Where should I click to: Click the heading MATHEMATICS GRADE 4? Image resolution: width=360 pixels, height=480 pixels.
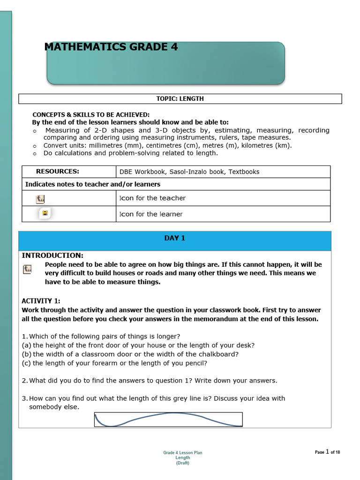pos(111,47)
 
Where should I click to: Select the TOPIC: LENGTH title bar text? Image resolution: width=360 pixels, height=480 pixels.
pos(180,99)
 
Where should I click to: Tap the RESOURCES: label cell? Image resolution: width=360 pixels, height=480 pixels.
pos(58,172)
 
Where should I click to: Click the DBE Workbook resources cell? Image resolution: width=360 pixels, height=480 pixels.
pos(189,172)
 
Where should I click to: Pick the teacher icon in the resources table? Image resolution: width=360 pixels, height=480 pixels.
pos(40,199)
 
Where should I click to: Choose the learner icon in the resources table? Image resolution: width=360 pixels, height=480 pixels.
pos(45,213)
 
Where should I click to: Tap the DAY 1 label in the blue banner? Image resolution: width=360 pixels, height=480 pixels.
pos(174,238)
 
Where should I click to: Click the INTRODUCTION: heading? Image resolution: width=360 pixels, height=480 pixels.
pos(52,255)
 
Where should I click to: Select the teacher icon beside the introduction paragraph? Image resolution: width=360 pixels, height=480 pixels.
pos(28,269)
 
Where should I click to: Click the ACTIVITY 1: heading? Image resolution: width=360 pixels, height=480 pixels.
pos(41,301)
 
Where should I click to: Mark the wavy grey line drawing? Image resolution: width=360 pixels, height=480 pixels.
pos(168,419)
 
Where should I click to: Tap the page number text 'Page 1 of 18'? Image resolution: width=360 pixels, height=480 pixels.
pos(327,452)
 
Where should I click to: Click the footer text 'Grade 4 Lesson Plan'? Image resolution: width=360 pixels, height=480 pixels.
pos(182,453)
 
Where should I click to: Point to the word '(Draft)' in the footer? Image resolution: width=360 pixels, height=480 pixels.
pos(182,463)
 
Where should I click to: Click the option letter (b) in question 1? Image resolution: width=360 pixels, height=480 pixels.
pos(26,354)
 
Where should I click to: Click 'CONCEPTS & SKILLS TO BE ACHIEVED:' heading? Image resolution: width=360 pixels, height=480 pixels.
pos(91,115)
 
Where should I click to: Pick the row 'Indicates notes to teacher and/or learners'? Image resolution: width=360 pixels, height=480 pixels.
pos(93,184)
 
